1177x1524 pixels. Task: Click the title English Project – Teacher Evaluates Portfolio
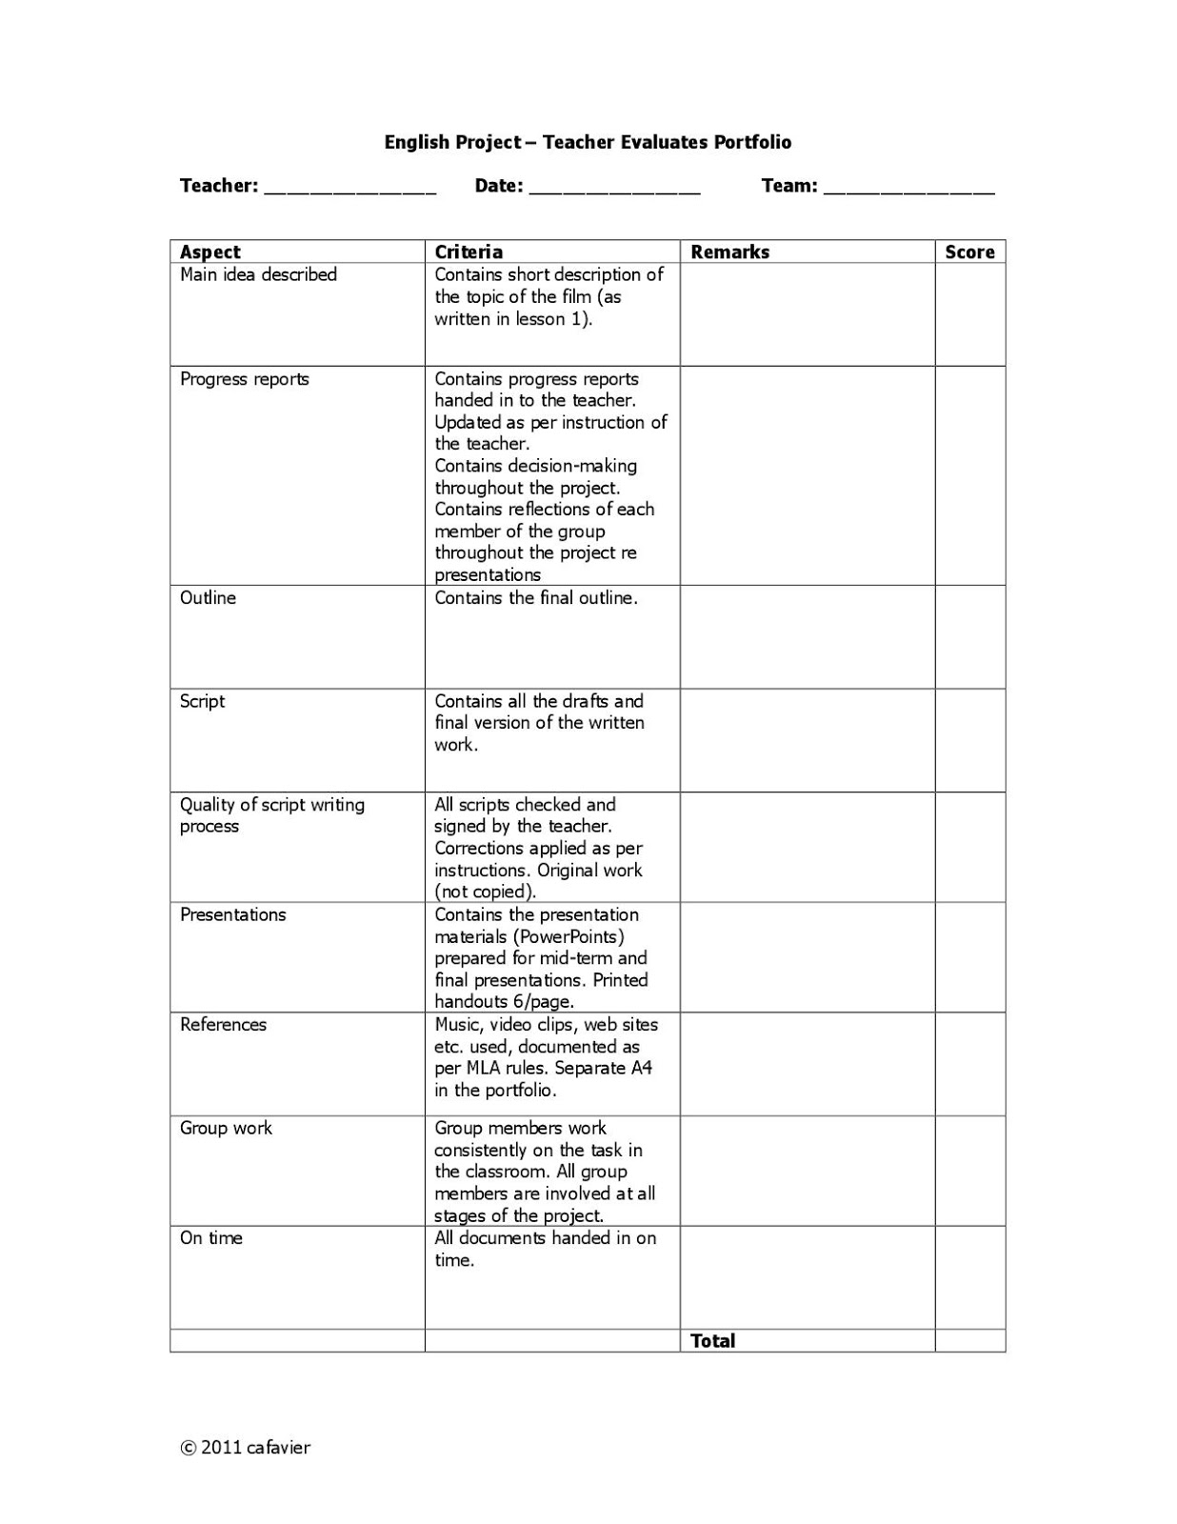click(588, 142)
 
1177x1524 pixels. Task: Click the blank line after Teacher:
click(349, 189)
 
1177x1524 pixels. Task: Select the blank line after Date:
click(614, 189)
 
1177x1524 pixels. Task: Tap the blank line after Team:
click(908, 189)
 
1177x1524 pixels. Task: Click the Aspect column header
click(210, 251)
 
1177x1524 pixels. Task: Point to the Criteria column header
click(469, 251)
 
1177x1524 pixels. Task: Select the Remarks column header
click(729, 251)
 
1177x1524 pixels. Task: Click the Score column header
click(969, 251)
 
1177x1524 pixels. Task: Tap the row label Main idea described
click(258, 274)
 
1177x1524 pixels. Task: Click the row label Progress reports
click(245, 379)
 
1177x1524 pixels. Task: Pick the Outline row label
click(208, 598)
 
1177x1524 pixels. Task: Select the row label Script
click(202, 701)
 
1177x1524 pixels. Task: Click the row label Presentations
click(232, 914)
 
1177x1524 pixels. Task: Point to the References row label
click(223, 1025)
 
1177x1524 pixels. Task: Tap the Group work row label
click(226, 1128)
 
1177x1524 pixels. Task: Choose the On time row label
click(210, 1238)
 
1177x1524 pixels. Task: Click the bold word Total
click(712, 1341)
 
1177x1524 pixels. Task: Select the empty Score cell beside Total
click(969, 1341)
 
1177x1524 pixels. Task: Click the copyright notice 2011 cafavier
click(246, 1448)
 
